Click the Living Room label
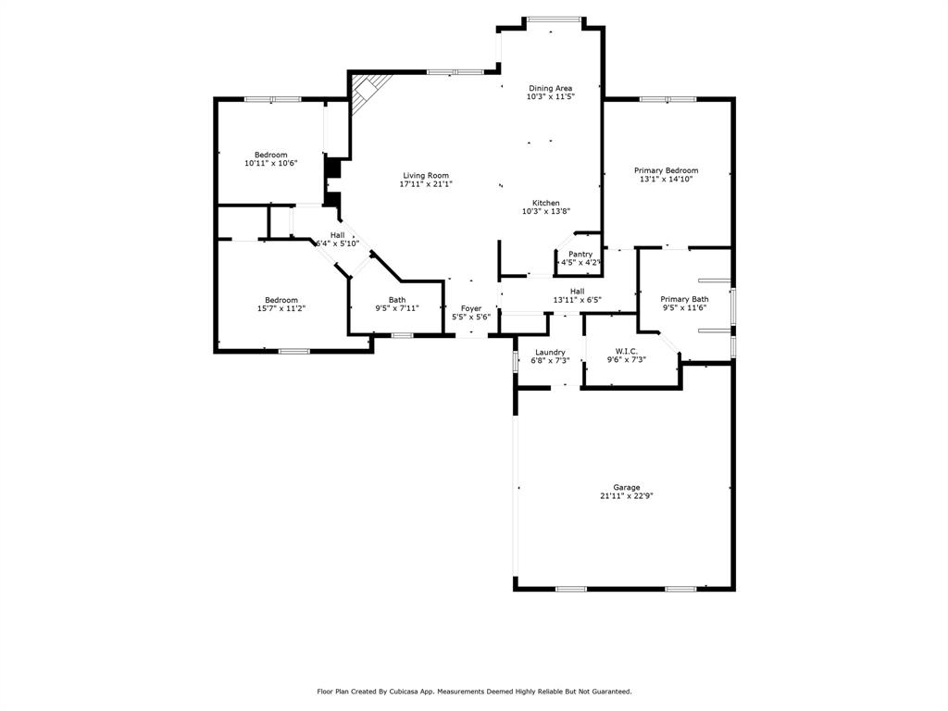(x=425, y=175)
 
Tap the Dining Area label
(x=550, y=88)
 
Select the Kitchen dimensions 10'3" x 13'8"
(x=545, y=211)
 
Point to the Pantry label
(x=580, y=254)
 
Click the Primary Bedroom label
(x=666, y=170)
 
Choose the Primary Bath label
(x=684, y=299)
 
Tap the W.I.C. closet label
(x=627, y=351)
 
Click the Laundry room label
(x=550, y=352)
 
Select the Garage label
(x=626, y=487)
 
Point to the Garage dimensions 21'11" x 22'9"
(x=626, y=496)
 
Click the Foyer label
(x=471, y=308)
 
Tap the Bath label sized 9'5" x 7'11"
(x=396, y=300)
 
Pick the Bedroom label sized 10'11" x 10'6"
(x=271, y=155)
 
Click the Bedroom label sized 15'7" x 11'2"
(x=281, y=300)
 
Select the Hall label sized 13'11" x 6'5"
(x=578, y=291)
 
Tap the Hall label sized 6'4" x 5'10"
(x=337, y=235)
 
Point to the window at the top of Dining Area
(x=554, y=19)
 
